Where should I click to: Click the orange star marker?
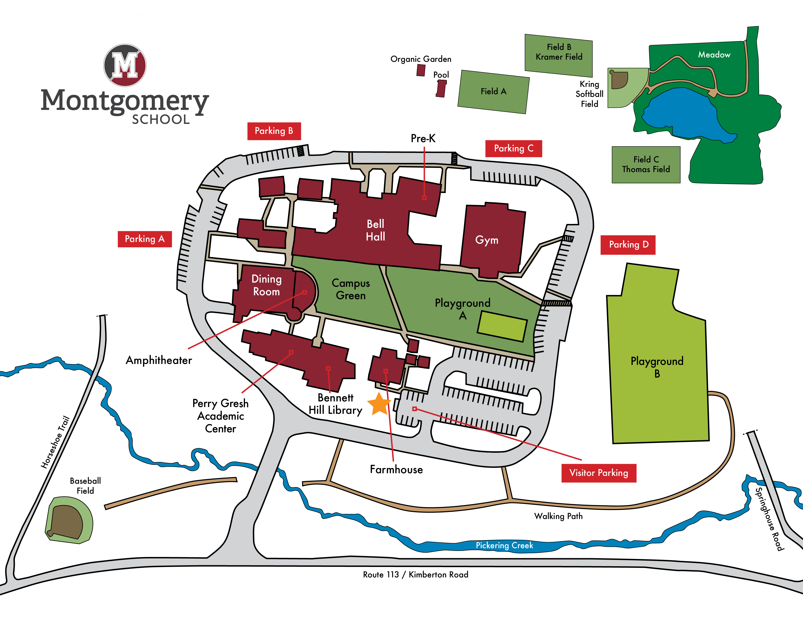(x=379, y=404)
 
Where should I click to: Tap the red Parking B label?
(x=274, y=131)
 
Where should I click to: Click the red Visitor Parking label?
(x=599, y=473)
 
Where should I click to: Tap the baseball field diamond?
(x=67, y=521)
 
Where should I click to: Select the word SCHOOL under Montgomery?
(x=161, y=120)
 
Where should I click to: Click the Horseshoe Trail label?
(x=55, y=442)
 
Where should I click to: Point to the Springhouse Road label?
(x=769, y=519)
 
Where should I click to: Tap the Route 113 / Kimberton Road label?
(x=415, y=575)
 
